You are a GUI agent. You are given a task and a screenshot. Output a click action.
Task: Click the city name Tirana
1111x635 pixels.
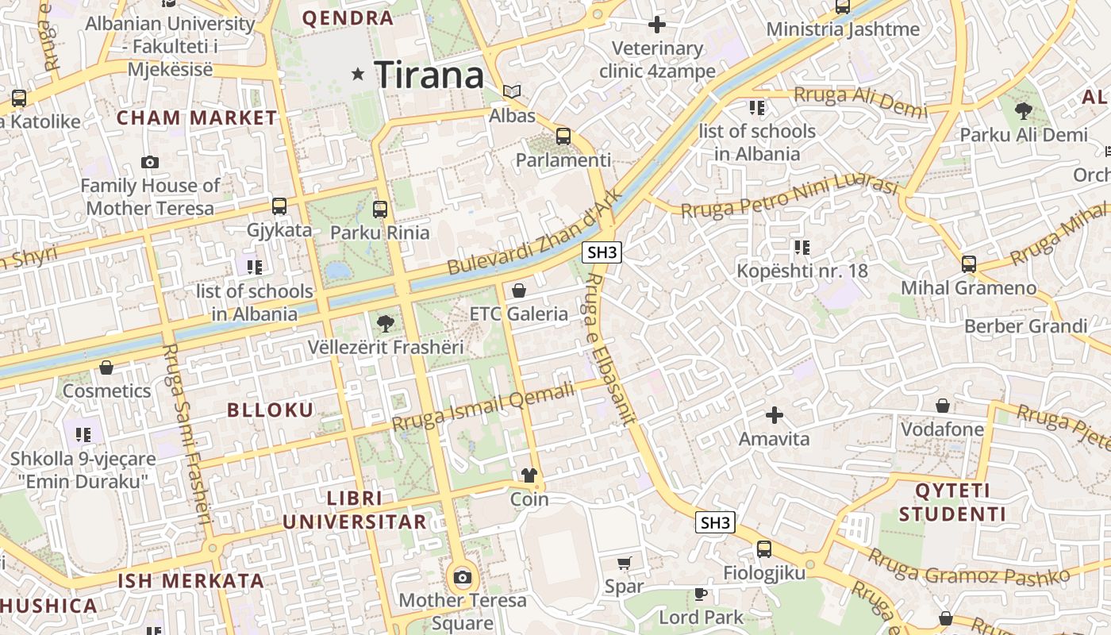pos(429,75)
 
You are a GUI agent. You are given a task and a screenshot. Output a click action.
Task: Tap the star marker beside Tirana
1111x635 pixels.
pos(359,74)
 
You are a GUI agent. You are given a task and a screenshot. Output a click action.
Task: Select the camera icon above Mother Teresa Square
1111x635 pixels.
pos(462,577)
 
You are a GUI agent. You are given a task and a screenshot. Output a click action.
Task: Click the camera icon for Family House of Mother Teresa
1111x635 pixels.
pos(149,163)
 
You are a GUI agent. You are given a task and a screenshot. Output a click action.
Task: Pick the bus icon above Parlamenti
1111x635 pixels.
pos(563,137)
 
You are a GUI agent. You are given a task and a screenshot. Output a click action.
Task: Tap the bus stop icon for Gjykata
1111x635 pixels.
pos(279,206)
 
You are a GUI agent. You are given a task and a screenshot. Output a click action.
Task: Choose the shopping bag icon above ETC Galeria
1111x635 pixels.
pos(519,291)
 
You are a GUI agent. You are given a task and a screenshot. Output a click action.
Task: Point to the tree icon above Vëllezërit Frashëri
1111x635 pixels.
pos(386,324)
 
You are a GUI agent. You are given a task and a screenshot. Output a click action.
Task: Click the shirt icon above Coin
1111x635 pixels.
pos(529,476)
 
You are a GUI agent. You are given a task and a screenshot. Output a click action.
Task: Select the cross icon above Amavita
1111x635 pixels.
pos(774,415)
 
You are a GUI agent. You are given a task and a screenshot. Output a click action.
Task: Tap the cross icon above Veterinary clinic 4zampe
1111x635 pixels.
pos(656,25)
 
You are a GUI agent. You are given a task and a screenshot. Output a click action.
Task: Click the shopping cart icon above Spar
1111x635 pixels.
pos(624,564)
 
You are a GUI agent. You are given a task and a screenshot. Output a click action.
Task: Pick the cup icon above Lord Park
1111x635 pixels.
pos(700,594)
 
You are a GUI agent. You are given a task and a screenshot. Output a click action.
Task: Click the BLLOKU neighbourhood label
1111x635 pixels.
pos(271,410)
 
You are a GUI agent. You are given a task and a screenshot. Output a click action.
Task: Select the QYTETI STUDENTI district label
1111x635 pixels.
pos(952,502)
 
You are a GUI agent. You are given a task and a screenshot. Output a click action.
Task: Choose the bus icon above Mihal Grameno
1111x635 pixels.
pos(968,264)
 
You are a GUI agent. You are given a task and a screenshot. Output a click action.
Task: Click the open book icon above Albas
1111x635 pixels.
pos(513,92)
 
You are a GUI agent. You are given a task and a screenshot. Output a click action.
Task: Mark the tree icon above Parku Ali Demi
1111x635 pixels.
pos(1023,111)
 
